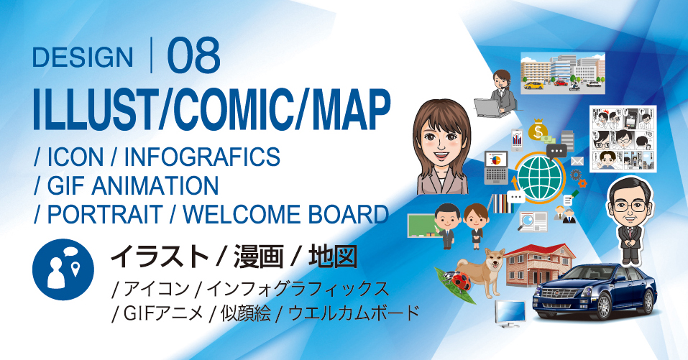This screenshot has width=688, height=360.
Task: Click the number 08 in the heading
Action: coord(193,57)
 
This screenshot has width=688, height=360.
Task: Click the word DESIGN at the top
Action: coord(83,57)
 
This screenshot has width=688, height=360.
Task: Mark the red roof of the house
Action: coord(539,251)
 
